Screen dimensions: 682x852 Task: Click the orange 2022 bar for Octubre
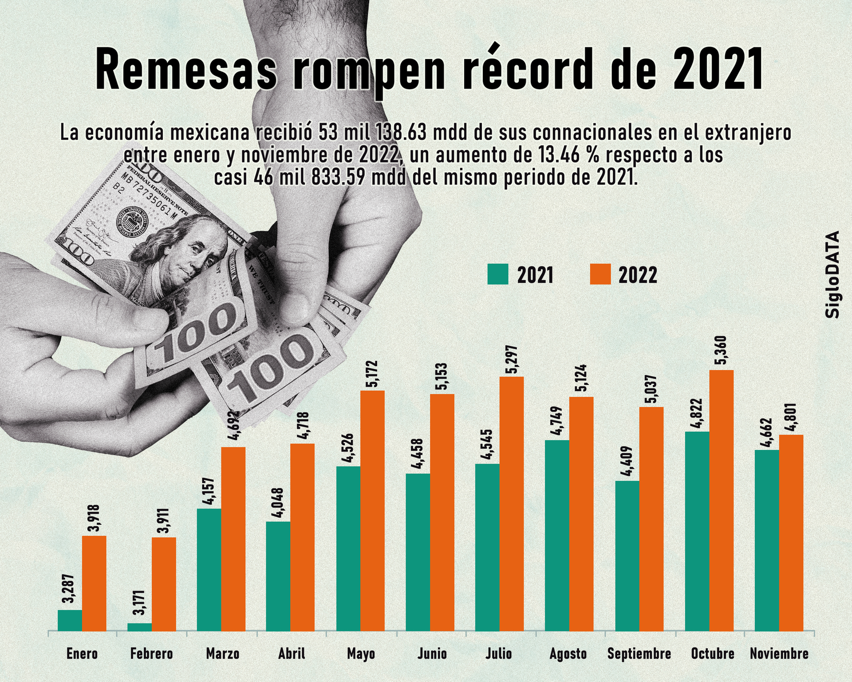click(722, 500)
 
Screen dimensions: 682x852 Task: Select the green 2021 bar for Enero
click(70, 620)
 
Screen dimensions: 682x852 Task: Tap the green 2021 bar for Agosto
click(557, 535)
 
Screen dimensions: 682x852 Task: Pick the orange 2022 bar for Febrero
click(164, 584)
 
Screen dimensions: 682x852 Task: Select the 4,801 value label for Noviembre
click(791, 418)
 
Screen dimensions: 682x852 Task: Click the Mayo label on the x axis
click(361, 654)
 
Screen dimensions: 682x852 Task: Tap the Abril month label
click(292, 654)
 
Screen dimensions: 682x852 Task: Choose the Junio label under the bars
click(432, 654)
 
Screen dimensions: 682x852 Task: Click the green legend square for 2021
click(497, 274)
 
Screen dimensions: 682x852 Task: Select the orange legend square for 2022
click(600, 274)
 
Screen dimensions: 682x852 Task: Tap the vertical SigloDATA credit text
click(832, 274)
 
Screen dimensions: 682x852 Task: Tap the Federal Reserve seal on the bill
click(131, 221)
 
